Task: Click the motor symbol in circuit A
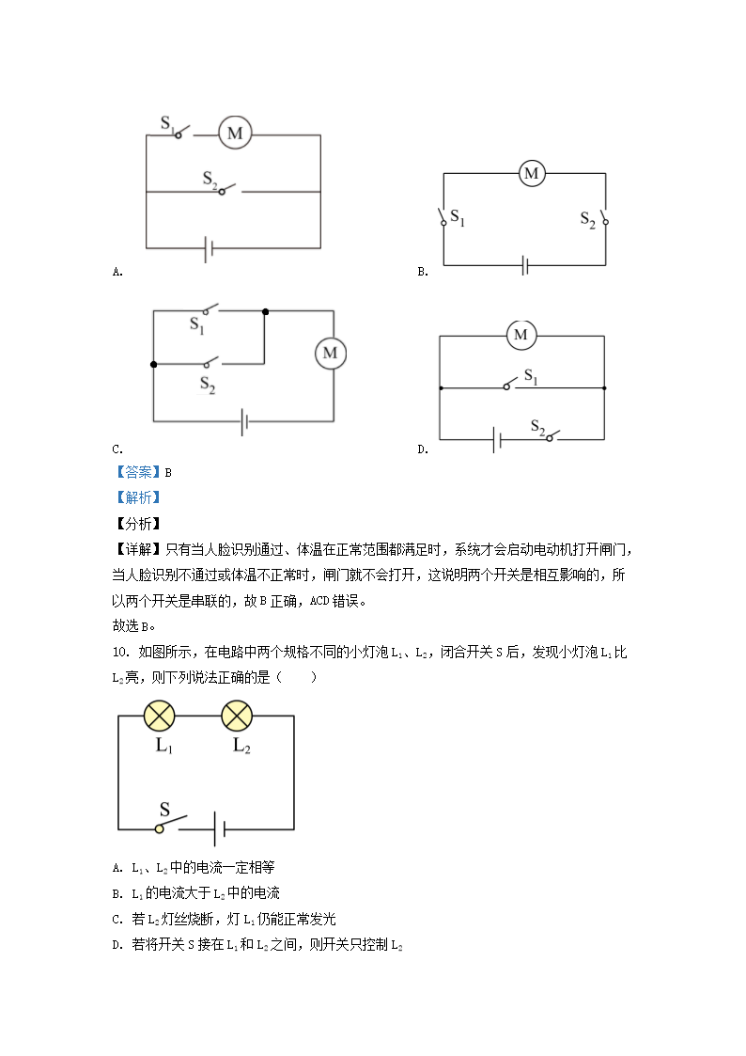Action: click(x=235, y=134)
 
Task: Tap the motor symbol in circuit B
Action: click(x=532, y=173)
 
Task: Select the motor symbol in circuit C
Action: click(x=330, y=353)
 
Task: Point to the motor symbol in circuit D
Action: click(x=521, y=335)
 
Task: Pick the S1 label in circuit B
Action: click(x=458, y=218)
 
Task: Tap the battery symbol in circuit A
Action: click(x=210, y=248)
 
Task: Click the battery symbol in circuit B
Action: click(x=525, y=265)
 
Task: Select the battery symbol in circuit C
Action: click(x=244, y=420)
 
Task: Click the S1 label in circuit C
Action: click(x=197, y=325)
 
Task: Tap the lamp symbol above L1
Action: click(x=160, y=716)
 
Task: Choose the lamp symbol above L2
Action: click(x=237, y=716)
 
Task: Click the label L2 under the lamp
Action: click(x=241, y=747)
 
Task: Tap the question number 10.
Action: click(x=119, y=652)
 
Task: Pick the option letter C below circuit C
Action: click(x=117, y=449)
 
